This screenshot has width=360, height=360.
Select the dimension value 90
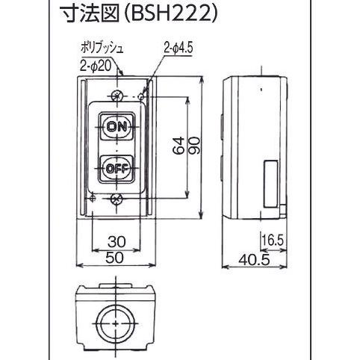point(196,148)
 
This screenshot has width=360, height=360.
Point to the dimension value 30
point(116,241)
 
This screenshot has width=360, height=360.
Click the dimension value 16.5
point(273,240)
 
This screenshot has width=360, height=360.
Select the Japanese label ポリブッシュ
point(99,49)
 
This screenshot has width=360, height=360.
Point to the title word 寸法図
point(81,13)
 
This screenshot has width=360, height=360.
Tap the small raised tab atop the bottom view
point(116,285)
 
